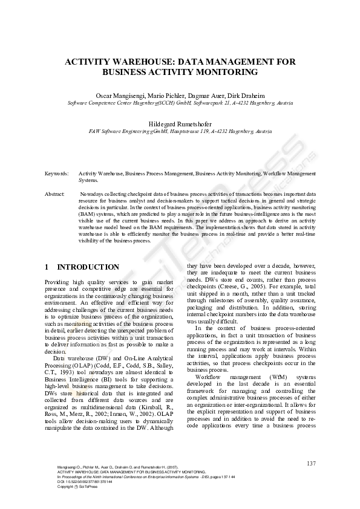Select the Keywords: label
(56, 173)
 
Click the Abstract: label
(54, 194)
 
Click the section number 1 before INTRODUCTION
(47, 267)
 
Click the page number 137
(311, 464)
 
